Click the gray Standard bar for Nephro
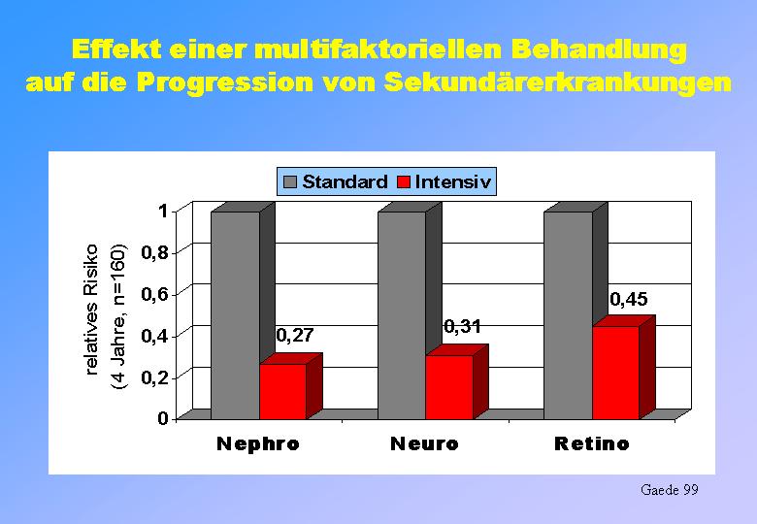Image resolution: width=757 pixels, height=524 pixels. point(236,315)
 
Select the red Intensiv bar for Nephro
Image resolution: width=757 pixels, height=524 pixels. point(283,391)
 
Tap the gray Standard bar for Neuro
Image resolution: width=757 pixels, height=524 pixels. point(402,315)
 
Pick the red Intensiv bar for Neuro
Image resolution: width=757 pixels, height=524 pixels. point(449,386)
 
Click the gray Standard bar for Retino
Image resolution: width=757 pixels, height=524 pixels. point(568,315)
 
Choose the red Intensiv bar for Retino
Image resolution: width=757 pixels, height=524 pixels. point(615,372)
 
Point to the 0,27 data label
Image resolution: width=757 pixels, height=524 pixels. point(295,335)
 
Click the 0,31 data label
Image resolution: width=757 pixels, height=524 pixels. point(462,327)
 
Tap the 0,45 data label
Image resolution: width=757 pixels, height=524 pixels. point(629,299)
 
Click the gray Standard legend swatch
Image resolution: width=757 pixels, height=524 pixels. point(289,181)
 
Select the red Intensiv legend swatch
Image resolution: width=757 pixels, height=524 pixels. point(403,181)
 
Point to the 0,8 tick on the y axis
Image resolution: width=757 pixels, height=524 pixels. point(153,252)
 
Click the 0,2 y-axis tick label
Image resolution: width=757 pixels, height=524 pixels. point(153,377)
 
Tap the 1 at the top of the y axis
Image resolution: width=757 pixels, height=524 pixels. point(162,211)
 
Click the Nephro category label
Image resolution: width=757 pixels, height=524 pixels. point(258,443)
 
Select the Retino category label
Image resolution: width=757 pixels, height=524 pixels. point(591,443)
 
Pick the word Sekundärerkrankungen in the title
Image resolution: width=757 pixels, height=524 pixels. point(558,82)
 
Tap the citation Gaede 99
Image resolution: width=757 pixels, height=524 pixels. point(669,490)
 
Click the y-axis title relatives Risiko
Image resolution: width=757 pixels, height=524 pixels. point(92,310)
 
